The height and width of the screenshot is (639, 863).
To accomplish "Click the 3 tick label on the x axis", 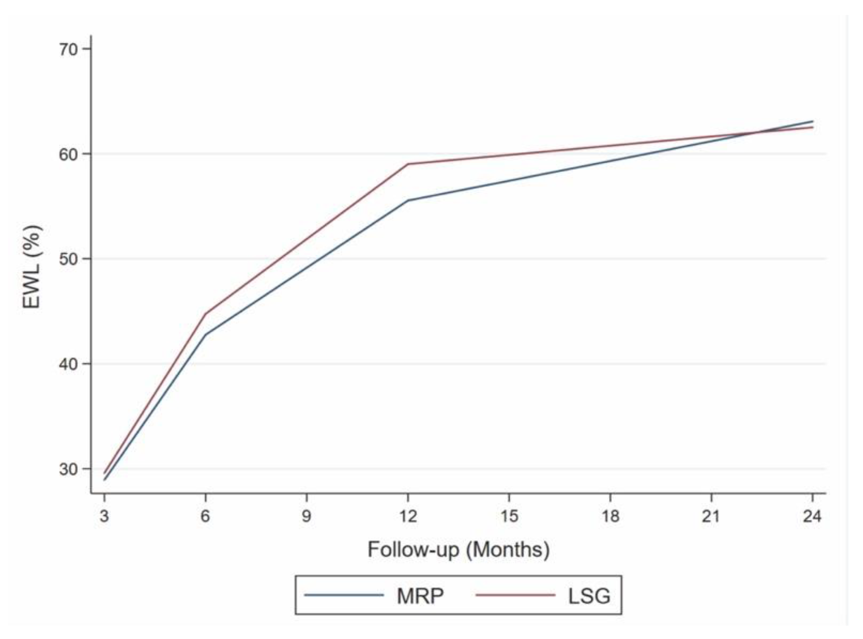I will point(104,516).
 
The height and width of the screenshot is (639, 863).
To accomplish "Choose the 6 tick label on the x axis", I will point(205,516).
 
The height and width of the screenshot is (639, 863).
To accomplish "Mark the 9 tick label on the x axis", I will point(306,516).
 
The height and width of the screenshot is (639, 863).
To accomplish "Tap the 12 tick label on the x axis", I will point(408,516).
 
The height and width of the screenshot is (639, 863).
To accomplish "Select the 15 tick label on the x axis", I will point(509,516).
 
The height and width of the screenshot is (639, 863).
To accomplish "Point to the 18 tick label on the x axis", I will point(611,516).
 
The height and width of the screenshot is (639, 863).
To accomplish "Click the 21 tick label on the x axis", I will point(712,516).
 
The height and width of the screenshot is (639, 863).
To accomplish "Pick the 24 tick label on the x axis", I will point(812,516).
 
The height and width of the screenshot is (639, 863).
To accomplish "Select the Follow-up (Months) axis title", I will point(458,550).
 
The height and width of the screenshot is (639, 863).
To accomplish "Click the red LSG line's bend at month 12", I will point(408,164).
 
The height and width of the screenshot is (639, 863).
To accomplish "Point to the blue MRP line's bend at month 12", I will point(408,200).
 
